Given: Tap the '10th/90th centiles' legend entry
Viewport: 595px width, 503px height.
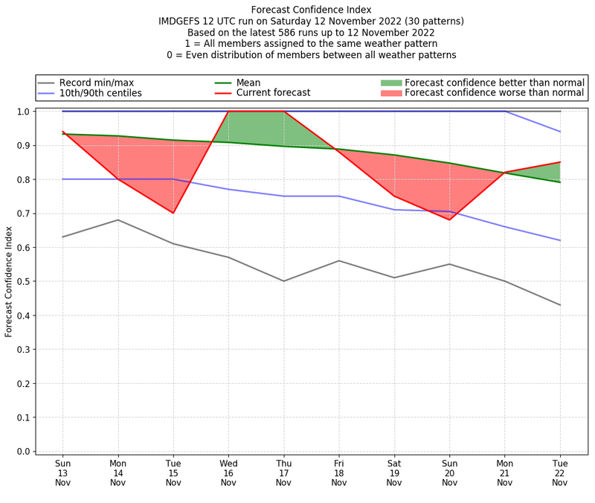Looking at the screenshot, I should [x=100, y=93].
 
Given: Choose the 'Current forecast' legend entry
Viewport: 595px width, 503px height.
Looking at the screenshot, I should [x=273, y=93].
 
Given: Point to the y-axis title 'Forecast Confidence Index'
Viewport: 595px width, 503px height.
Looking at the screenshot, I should [x=9, y=282].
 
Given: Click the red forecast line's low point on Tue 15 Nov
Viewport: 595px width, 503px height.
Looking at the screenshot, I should [x=173, y=213].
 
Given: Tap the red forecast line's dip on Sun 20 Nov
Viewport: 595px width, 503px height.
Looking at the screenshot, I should [x=449, y=220].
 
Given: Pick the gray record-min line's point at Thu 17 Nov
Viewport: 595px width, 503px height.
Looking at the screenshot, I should [x=283, y=281].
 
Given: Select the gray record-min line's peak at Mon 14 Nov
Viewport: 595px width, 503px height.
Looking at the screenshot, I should [x=118, y=220].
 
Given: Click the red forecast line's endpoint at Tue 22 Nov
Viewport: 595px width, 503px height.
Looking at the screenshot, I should [x=560, y=162].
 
